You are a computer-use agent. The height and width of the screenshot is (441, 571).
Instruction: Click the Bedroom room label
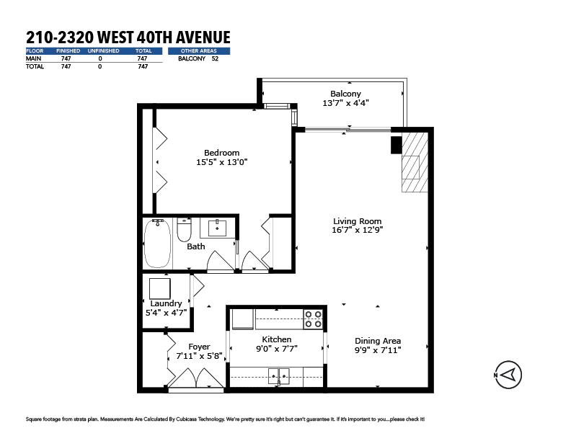[221, 153]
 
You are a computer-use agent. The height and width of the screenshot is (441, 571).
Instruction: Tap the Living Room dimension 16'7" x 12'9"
[358, 230]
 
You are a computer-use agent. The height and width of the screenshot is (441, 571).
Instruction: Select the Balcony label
[345, 94]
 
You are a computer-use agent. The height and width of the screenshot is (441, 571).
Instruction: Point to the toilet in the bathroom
[185, 229]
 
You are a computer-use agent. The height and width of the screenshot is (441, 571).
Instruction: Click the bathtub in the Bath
[157, 244]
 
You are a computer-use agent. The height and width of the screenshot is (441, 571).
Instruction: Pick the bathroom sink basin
[218, 228]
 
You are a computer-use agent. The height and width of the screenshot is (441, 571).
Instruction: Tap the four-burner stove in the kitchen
[313, 319]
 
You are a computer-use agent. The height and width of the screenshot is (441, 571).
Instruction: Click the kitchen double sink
[279, 376]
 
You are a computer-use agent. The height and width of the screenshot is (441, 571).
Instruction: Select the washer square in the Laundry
[160, 288]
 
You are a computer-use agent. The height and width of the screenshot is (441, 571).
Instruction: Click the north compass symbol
[508, 375]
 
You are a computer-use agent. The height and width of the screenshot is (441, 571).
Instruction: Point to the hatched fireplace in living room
[415, 162]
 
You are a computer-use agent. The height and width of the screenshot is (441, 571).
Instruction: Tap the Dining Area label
[378, 341]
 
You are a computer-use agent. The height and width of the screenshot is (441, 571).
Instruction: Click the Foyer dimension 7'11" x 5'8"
[199, 356]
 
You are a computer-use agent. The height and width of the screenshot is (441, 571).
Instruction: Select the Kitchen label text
[277, 339]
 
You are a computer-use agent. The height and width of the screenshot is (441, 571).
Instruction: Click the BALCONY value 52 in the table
[215, 58]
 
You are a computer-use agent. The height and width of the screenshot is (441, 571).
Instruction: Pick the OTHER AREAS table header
[198, 51]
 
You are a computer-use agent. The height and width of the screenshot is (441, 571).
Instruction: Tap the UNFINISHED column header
[103, 51]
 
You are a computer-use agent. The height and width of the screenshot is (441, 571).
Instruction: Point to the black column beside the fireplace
[397, 145]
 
